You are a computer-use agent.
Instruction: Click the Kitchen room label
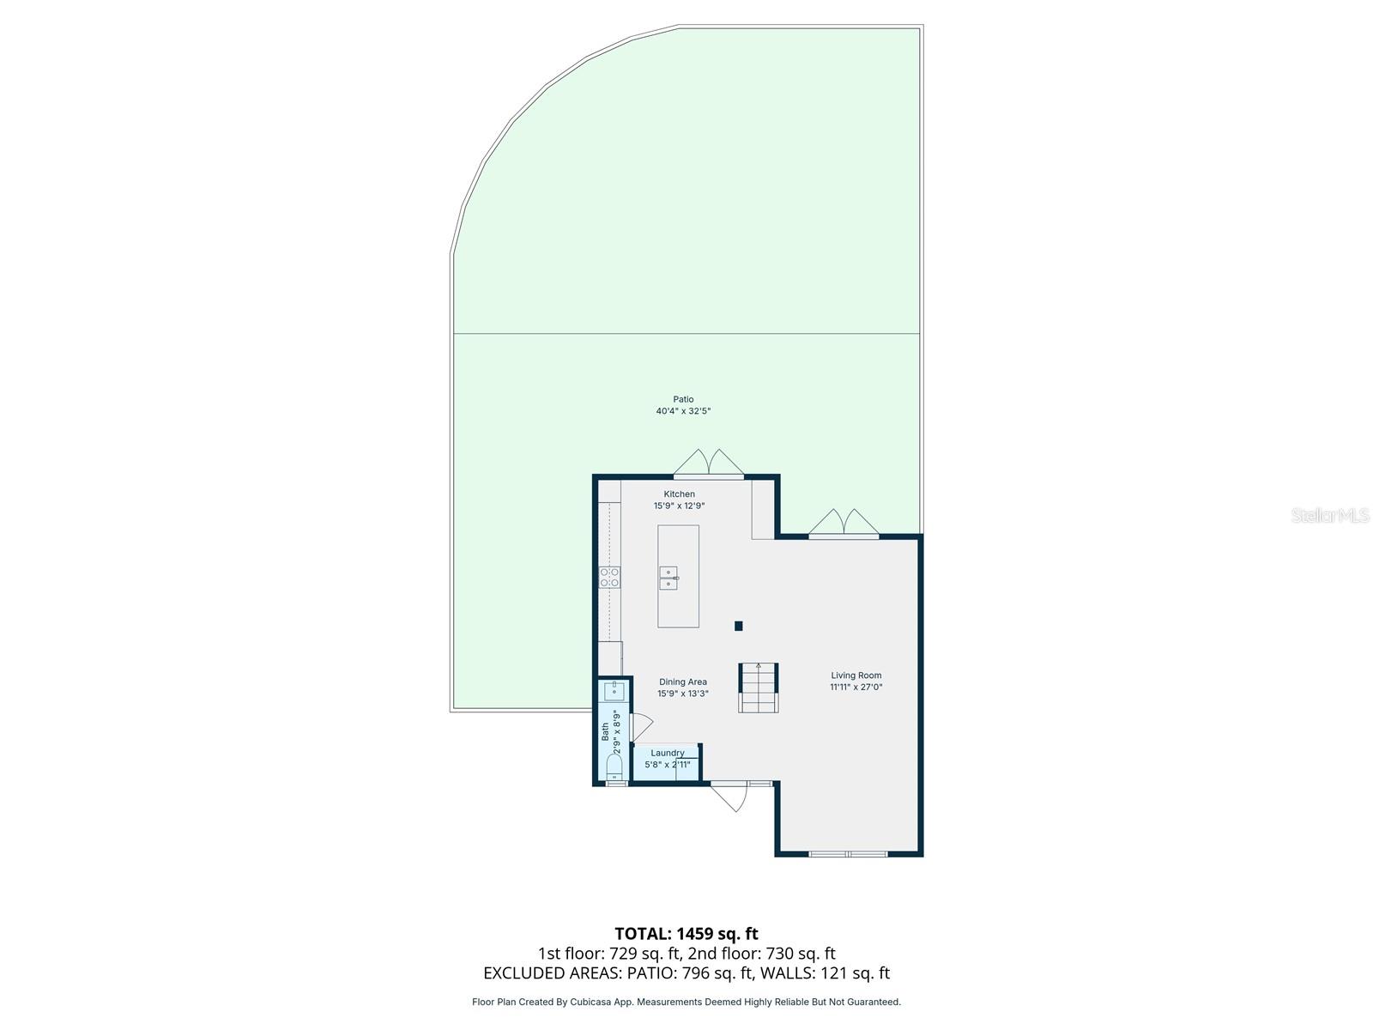(x=679, y=494)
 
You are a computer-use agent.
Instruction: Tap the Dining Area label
(x=683, y=682)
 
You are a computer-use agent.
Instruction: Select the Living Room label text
(x=856, y=676)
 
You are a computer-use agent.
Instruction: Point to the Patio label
(x=683, y=399)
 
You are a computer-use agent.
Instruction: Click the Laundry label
(x=668, y=753)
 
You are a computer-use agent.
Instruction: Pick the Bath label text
(x=605, y=731)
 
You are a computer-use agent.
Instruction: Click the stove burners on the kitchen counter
(x=609, y=577)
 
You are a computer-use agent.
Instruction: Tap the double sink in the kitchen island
(x=668, y=578)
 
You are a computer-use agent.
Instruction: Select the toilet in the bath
(x=614, y=765)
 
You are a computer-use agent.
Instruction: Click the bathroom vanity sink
(x=614, y=690)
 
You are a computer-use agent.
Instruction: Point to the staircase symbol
(x=759, y=688)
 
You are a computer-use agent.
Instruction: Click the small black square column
(x=738, y=626)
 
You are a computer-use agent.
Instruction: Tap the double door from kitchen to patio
(x=709, y=463)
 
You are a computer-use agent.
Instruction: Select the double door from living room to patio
(x=844, y=523)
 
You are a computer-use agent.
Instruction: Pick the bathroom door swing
(x=640, y=726)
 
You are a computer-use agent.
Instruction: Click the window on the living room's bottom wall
(x=848, y=854)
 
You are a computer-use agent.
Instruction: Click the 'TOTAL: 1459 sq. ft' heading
(x=686, y=933)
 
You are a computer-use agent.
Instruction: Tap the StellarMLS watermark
(x=1330, y=515)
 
